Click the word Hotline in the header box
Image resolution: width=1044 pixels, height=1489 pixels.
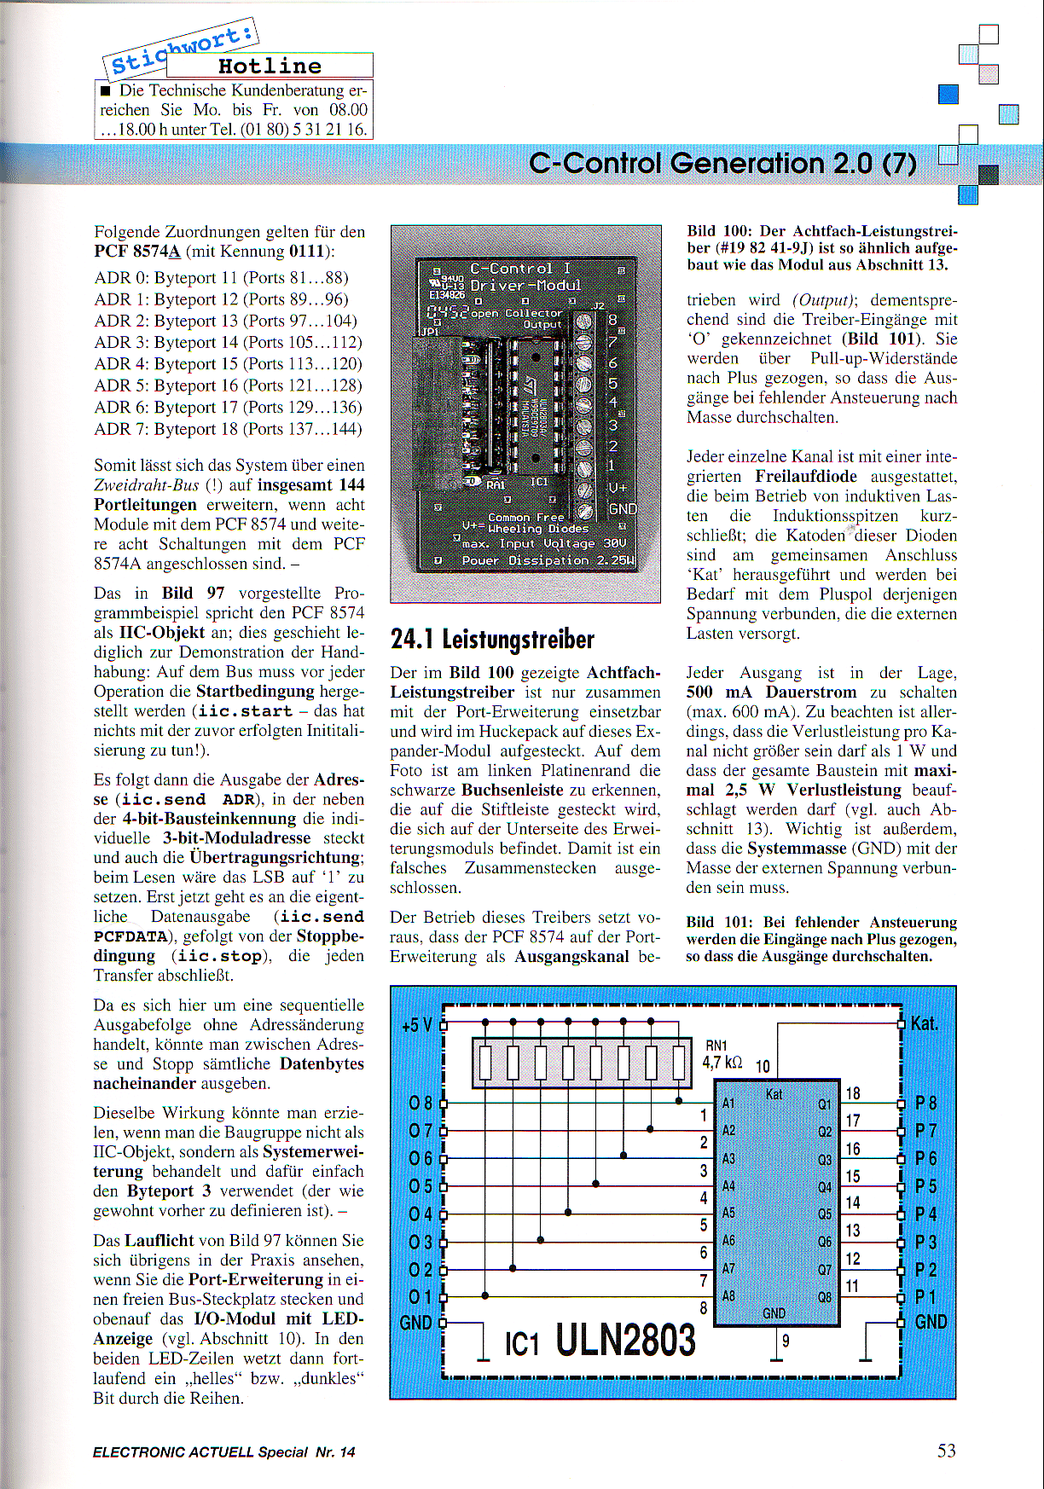coord(270,67)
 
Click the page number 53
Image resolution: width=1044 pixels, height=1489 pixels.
coord(946,1451)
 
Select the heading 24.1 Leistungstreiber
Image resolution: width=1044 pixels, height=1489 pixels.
coord(492,640)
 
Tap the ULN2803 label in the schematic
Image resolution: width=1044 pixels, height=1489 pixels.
coord(625,1340)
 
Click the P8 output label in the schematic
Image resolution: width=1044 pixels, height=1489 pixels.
coord(925,1104)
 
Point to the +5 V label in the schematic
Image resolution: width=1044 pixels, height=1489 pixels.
coord(416,1025)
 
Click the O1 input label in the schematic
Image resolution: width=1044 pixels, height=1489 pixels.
coord(420,1297)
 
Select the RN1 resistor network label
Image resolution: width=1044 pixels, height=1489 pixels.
coord(716,1046)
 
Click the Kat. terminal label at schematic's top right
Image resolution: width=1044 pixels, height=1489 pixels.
coord(925,1023)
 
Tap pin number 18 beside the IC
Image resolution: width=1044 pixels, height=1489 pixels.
coord(852,1093)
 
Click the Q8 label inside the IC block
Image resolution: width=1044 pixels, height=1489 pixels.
coord(825,1296)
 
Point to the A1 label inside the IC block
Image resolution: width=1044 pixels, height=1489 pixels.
coord(728,1104)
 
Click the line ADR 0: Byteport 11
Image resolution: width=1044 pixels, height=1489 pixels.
coord(221,278)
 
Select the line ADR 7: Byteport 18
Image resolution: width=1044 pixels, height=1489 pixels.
coord(228,429)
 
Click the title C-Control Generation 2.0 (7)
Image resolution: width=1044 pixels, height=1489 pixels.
coord(722,163)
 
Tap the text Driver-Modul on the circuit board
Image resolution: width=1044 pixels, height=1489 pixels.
coord(525,286)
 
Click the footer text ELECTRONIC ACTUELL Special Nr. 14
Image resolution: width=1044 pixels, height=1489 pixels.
coord(223,1452)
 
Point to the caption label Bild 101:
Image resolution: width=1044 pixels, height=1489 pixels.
coord(718,922)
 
